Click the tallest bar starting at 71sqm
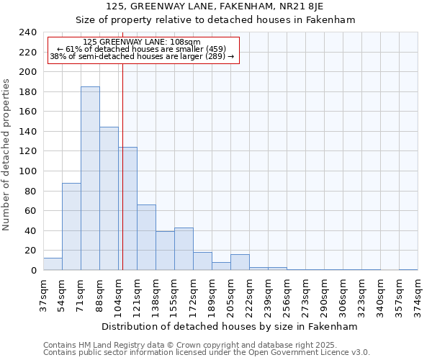90,179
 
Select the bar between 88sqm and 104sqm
109,199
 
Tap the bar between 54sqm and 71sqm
71,227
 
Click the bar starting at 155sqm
184,249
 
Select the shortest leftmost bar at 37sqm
53,264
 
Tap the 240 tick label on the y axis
28,32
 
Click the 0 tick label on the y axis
33,271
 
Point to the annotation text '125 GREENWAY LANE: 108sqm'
142,42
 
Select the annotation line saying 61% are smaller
142,49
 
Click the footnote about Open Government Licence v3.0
206,352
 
